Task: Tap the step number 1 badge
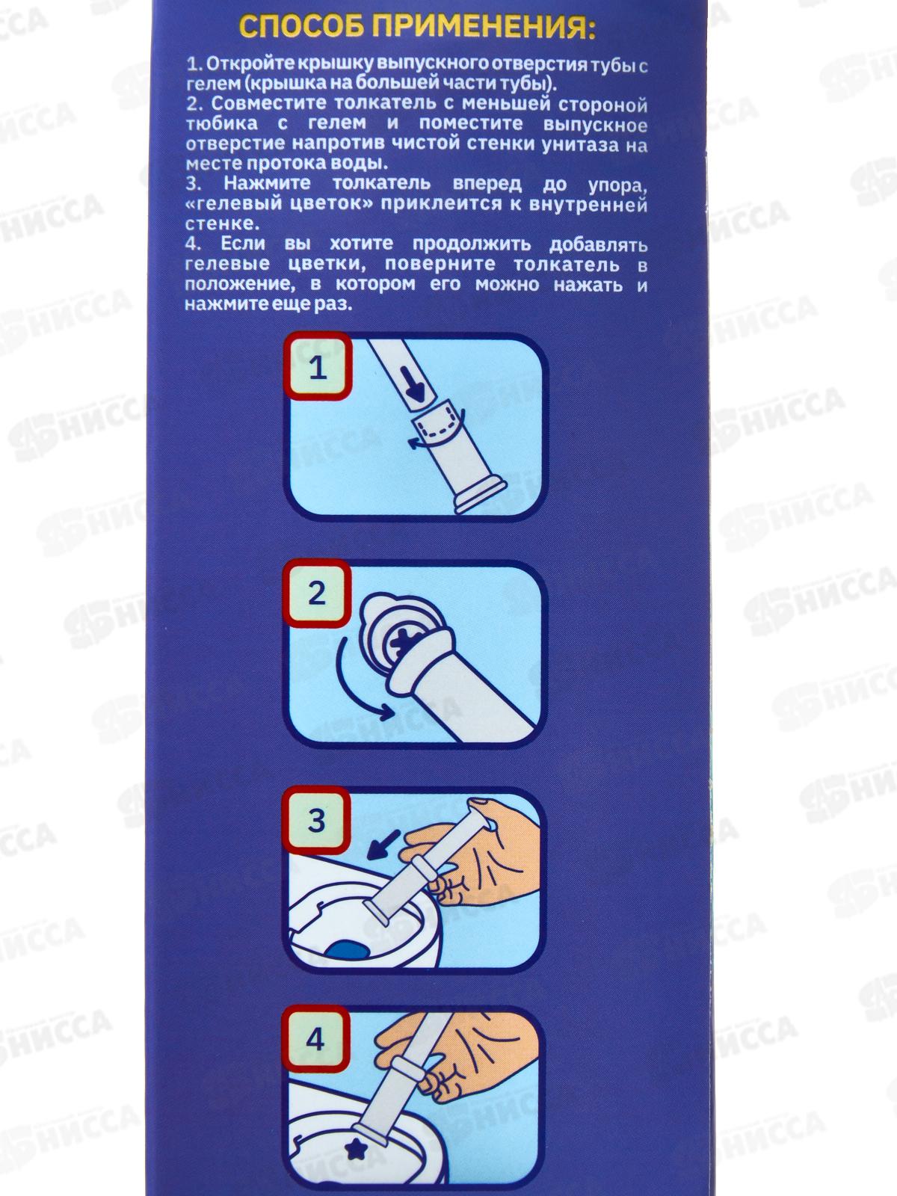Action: click(318, 367)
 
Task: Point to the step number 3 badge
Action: click(317, 821)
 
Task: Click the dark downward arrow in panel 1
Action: click(415, 384)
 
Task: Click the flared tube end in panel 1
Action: click(479, 495)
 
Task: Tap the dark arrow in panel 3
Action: click(383, 845)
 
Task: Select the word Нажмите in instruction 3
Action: click(267, 184)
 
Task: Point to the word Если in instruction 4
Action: click(241, 244)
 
